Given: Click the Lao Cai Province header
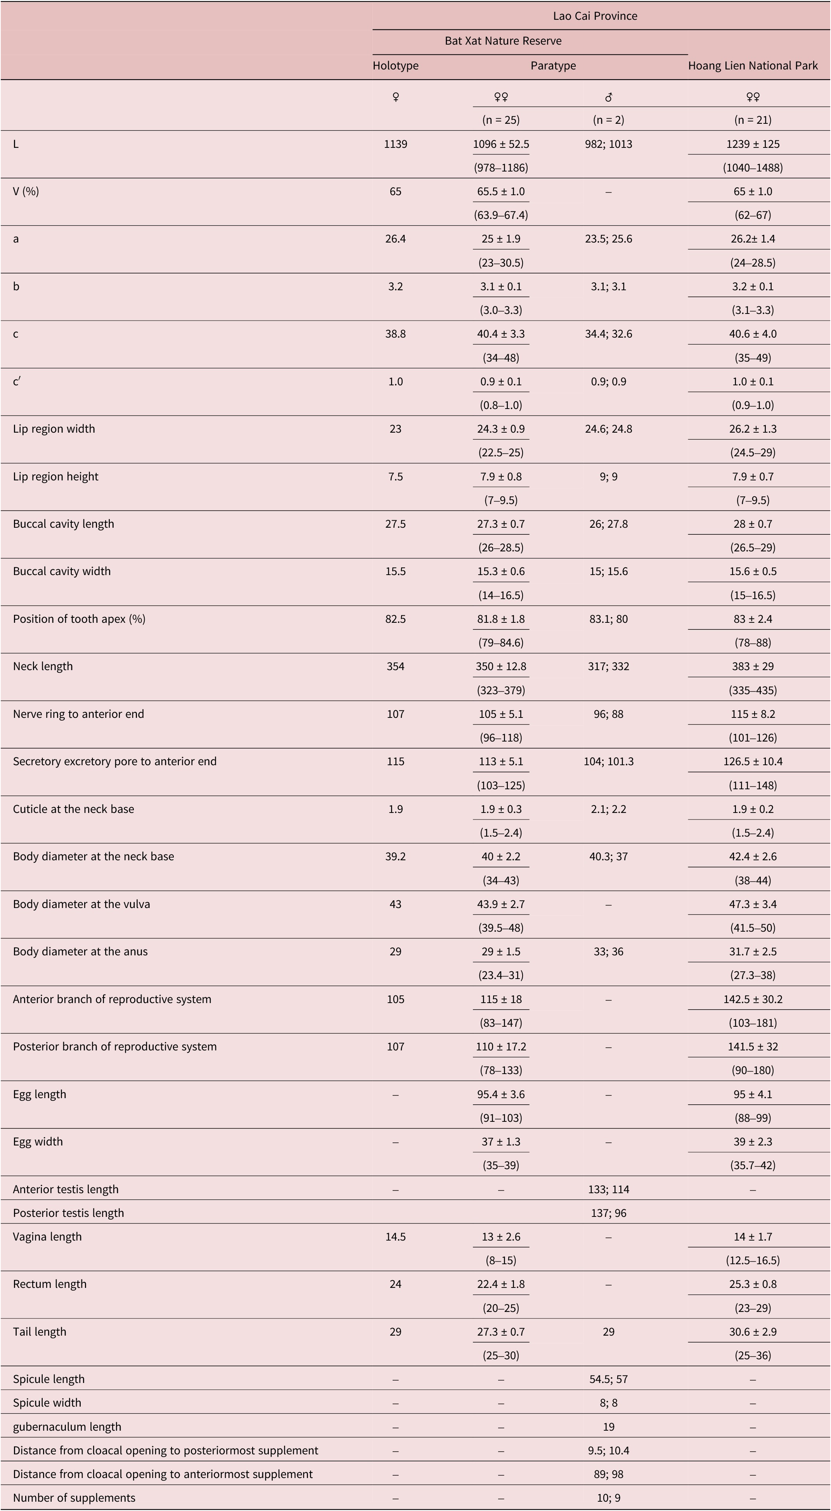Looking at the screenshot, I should point(595,16).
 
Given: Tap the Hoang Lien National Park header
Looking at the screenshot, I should point(752,66).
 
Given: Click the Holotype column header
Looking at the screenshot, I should point(395,66).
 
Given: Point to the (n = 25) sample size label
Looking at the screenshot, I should point(501,120).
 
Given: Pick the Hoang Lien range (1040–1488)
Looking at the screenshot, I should point(752,168).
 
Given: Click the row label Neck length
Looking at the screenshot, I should point(43,666).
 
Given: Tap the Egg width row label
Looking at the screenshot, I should point(38,1142).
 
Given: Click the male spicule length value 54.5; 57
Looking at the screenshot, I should point(608,1379).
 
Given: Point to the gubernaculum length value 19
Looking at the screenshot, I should point(608,1426).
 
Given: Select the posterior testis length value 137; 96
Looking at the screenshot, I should point(608,1213).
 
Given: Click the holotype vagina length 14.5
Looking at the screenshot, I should point(395,1237).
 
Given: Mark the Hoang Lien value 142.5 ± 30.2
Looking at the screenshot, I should point(752,999).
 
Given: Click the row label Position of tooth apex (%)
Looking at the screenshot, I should point(79,619).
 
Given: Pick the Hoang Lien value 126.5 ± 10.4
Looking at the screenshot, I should point(752,761).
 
